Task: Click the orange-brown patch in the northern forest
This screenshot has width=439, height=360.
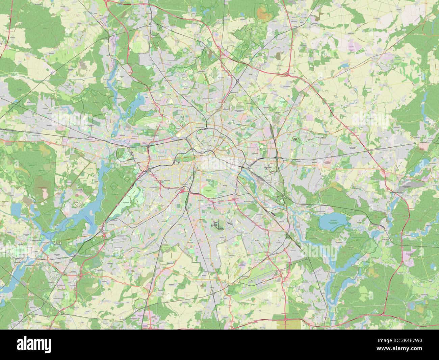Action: point(262,13)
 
